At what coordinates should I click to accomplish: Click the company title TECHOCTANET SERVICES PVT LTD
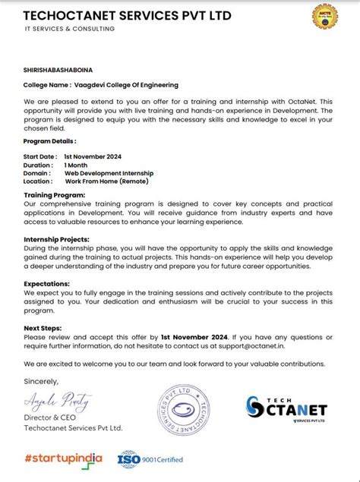(127, 15)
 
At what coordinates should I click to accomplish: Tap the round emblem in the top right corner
(330, 17)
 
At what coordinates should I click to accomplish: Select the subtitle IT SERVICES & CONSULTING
(69, 29)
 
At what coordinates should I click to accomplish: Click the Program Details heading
(50, 141)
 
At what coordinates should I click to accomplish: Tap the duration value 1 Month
(76, 165)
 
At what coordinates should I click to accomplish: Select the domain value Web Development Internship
(109, 172)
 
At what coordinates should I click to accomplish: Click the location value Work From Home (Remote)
(106, 181)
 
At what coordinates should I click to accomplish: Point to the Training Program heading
(54, 196)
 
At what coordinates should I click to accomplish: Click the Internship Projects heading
(57, 239)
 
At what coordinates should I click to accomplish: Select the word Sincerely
(41, 381)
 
